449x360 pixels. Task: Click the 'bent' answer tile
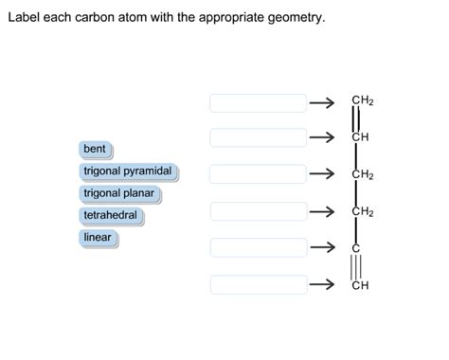[x=95, y=150]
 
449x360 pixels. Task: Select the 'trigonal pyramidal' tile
[x=128, y=171]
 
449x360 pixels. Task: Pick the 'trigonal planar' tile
[x=118, y=193]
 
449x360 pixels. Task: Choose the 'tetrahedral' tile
[x=110, y=215]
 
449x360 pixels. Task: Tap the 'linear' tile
[x=98, y=237]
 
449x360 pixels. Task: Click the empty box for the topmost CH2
[x=259, y=102]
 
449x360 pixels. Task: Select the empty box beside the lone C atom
[x=259, y=247]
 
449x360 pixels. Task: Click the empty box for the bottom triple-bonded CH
[x=259, y=284]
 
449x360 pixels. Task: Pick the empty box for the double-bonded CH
[x=259, y=137]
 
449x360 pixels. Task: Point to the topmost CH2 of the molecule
[x=362, y=100]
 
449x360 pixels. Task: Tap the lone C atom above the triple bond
[x=356, y=247]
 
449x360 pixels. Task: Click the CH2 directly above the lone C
[x=362, y=211]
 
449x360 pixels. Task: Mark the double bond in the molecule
[x=356, y=119]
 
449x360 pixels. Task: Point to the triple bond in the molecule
[x=356, y=266]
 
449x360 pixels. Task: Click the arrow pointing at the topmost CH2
[x=323, y=102]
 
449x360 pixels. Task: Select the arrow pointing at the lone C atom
[x=323, y=247]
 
